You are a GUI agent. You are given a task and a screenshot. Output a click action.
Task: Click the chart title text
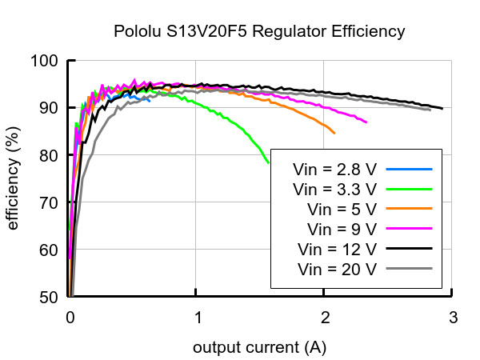tap(259, 31)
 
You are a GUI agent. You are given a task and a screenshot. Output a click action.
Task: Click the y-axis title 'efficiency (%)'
tap(13, 178)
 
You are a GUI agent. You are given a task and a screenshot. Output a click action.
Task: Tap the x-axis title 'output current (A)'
tap(259, 348)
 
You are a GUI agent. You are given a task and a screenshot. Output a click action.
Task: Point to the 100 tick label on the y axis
tap(45, 61)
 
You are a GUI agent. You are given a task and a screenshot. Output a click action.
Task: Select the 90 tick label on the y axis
tap(49, 108)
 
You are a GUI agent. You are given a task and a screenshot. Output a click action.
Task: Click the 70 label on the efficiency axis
tap(49, 202)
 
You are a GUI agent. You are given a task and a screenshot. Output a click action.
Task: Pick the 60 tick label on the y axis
tap(49, 250)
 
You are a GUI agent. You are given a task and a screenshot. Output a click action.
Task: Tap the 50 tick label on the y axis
tap(49, 298)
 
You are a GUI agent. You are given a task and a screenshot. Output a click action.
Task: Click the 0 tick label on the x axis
tap(70, 318)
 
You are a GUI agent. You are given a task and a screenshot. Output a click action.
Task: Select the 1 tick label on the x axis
tap(198, 318)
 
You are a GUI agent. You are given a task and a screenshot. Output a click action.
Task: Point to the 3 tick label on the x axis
tap(454, 318)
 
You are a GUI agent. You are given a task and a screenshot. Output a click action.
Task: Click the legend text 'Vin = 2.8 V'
tap(334, 170)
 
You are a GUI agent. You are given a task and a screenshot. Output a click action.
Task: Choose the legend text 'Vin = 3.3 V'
tap(334, 190)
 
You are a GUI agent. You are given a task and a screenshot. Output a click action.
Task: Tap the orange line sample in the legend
tap(410, 209)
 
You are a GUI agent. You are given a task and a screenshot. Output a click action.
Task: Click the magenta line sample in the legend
tap(410, 228)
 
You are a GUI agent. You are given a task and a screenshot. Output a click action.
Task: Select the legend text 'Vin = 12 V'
tap(337, 250)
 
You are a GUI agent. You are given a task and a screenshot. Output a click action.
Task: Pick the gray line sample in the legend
tap(410, 269)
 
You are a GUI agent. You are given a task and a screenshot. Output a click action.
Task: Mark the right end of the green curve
tap(269, 163)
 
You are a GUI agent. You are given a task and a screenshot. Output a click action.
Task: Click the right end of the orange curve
tap(334, 133)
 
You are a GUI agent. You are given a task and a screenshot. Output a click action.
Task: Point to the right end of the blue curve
tap(150, 101)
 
